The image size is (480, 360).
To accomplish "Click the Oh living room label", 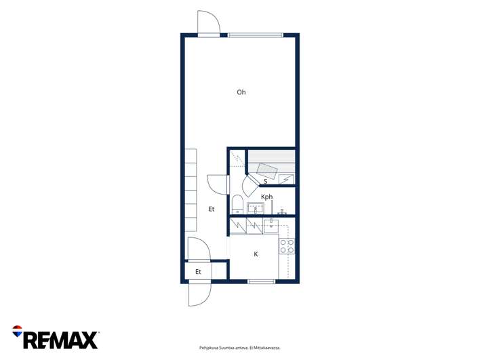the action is [x=241, y=92].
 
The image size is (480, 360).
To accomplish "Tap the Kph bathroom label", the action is [x=266, y=197].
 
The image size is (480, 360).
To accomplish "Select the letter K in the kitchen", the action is [x=256, y=254].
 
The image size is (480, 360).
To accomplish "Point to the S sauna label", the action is [x=265, y=182].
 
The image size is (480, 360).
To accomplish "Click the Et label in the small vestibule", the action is [x=198, y=272].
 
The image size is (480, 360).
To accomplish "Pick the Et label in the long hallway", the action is [x=212, y=209].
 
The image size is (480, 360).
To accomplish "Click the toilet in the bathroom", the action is [x=237, y=204].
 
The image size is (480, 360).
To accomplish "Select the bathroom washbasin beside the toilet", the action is [x=256, y=208].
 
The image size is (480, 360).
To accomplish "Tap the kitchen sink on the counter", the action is [x=271, y=226].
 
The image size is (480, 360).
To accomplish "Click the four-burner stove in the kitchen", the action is [x=287, y=246].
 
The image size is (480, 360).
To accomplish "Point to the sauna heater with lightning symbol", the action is [x=286, y=179].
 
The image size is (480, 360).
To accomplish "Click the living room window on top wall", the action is [x=256, y=35].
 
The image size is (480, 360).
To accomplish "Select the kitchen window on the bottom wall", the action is [x=261, y=281].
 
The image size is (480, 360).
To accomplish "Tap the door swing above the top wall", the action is [x=209, y=22].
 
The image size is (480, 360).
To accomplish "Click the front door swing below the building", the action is [x=199, y=294].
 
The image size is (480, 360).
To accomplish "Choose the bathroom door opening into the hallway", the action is [x=218, y=184].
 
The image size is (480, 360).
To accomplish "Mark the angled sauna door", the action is [x=250, y=186].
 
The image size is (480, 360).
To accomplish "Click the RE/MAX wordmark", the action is [x=60, y=340].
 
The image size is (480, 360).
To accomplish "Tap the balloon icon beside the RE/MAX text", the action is [x=17, y=331].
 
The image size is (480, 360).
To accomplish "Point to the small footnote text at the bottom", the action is [x=240, y=348].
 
